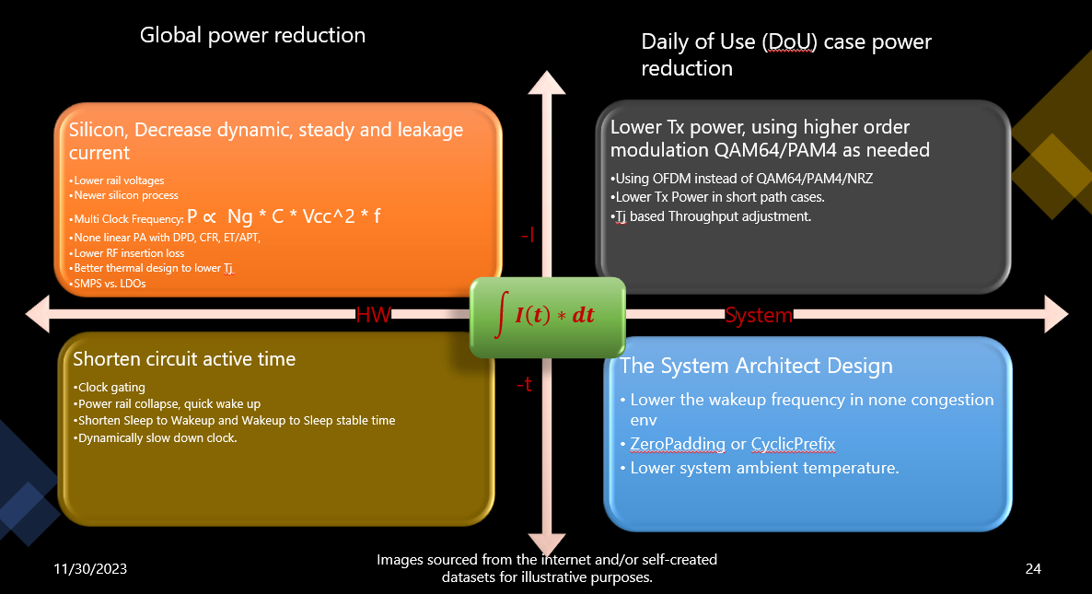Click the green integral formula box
point(548,317)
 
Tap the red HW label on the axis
point(373,315)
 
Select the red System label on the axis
point(759,316)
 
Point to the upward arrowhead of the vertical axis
point(547,83)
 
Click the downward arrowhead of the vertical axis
point(547,544)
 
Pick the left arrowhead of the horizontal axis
point(38,314)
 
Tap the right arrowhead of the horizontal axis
point(1056,314)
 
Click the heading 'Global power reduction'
point(253,35)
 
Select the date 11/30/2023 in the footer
point(90,569)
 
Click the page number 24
point(1033,569)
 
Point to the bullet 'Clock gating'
point(110,387)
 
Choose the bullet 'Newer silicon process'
point(124,195)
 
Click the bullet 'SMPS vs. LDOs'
point(107,284)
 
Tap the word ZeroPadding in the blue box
point(678,444)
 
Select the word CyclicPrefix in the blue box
point(794,444)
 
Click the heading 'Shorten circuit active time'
point(184,358)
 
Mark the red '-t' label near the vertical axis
point(525,384)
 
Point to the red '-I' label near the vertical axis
point(528,235)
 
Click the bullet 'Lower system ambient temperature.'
point(760,468)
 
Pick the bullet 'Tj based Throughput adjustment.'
point(711,216)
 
